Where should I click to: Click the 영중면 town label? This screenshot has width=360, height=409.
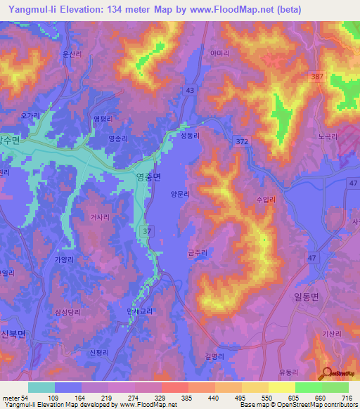coord(148,177)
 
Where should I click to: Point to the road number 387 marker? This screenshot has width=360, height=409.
coord(317,76)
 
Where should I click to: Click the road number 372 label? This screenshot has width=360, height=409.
coord(242,142)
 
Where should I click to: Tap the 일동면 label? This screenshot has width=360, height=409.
coord(304,297)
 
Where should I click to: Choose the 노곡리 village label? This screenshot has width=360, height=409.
coord(328,138)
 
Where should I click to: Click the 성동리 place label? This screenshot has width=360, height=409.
coord(190,136)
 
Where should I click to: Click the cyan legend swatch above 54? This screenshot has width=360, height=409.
coord(41,387)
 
